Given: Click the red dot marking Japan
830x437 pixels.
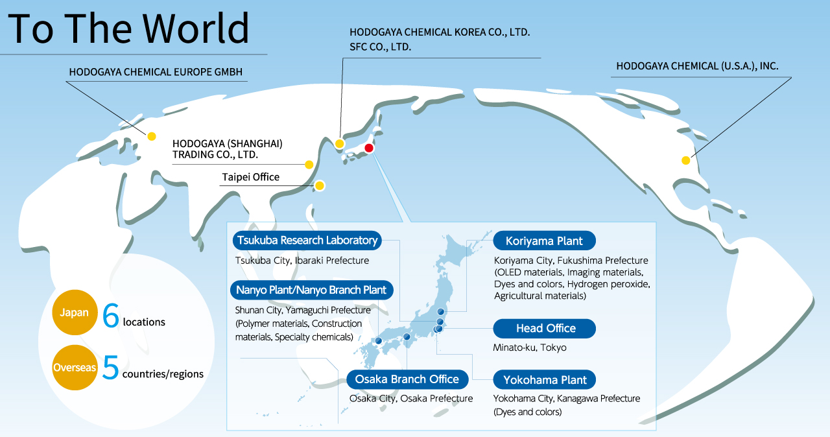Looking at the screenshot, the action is (369, 148).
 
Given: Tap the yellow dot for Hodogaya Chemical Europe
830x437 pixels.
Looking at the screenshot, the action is (152, 136).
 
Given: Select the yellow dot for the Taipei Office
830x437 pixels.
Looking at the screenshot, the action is (320, 185).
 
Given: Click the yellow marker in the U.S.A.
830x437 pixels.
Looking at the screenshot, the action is (686, 160).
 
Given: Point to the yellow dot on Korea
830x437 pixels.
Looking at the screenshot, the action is (339, 144).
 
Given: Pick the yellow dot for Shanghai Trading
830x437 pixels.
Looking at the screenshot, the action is (309, 165).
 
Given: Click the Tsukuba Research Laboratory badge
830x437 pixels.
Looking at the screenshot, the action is (307, 241).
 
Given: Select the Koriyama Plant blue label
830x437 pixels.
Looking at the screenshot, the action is (544, 241).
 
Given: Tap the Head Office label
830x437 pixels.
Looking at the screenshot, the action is (544, 328).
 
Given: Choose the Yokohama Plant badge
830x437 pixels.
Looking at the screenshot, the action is (544, 379).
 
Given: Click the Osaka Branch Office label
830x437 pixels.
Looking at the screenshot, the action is (407, 379).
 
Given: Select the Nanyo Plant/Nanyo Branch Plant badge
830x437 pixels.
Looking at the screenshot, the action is (311, 290).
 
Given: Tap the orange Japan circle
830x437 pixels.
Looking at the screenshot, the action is (75, 313).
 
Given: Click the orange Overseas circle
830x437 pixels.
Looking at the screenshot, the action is (75, 368).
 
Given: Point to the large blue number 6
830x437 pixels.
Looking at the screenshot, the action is (110, 315).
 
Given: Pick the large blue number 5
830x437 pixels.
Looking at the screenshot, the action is (110, 368).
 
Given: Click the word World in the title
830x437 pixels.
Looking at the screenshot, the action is (196, 28).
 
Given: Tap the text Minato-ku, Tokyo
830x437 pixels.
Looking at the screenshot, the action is (530, 348).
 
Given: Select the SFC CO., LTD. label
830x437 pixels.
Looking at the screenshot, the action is (380, 47).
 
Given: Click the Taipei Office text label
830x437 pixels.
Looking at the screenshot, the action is (250, 177).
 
